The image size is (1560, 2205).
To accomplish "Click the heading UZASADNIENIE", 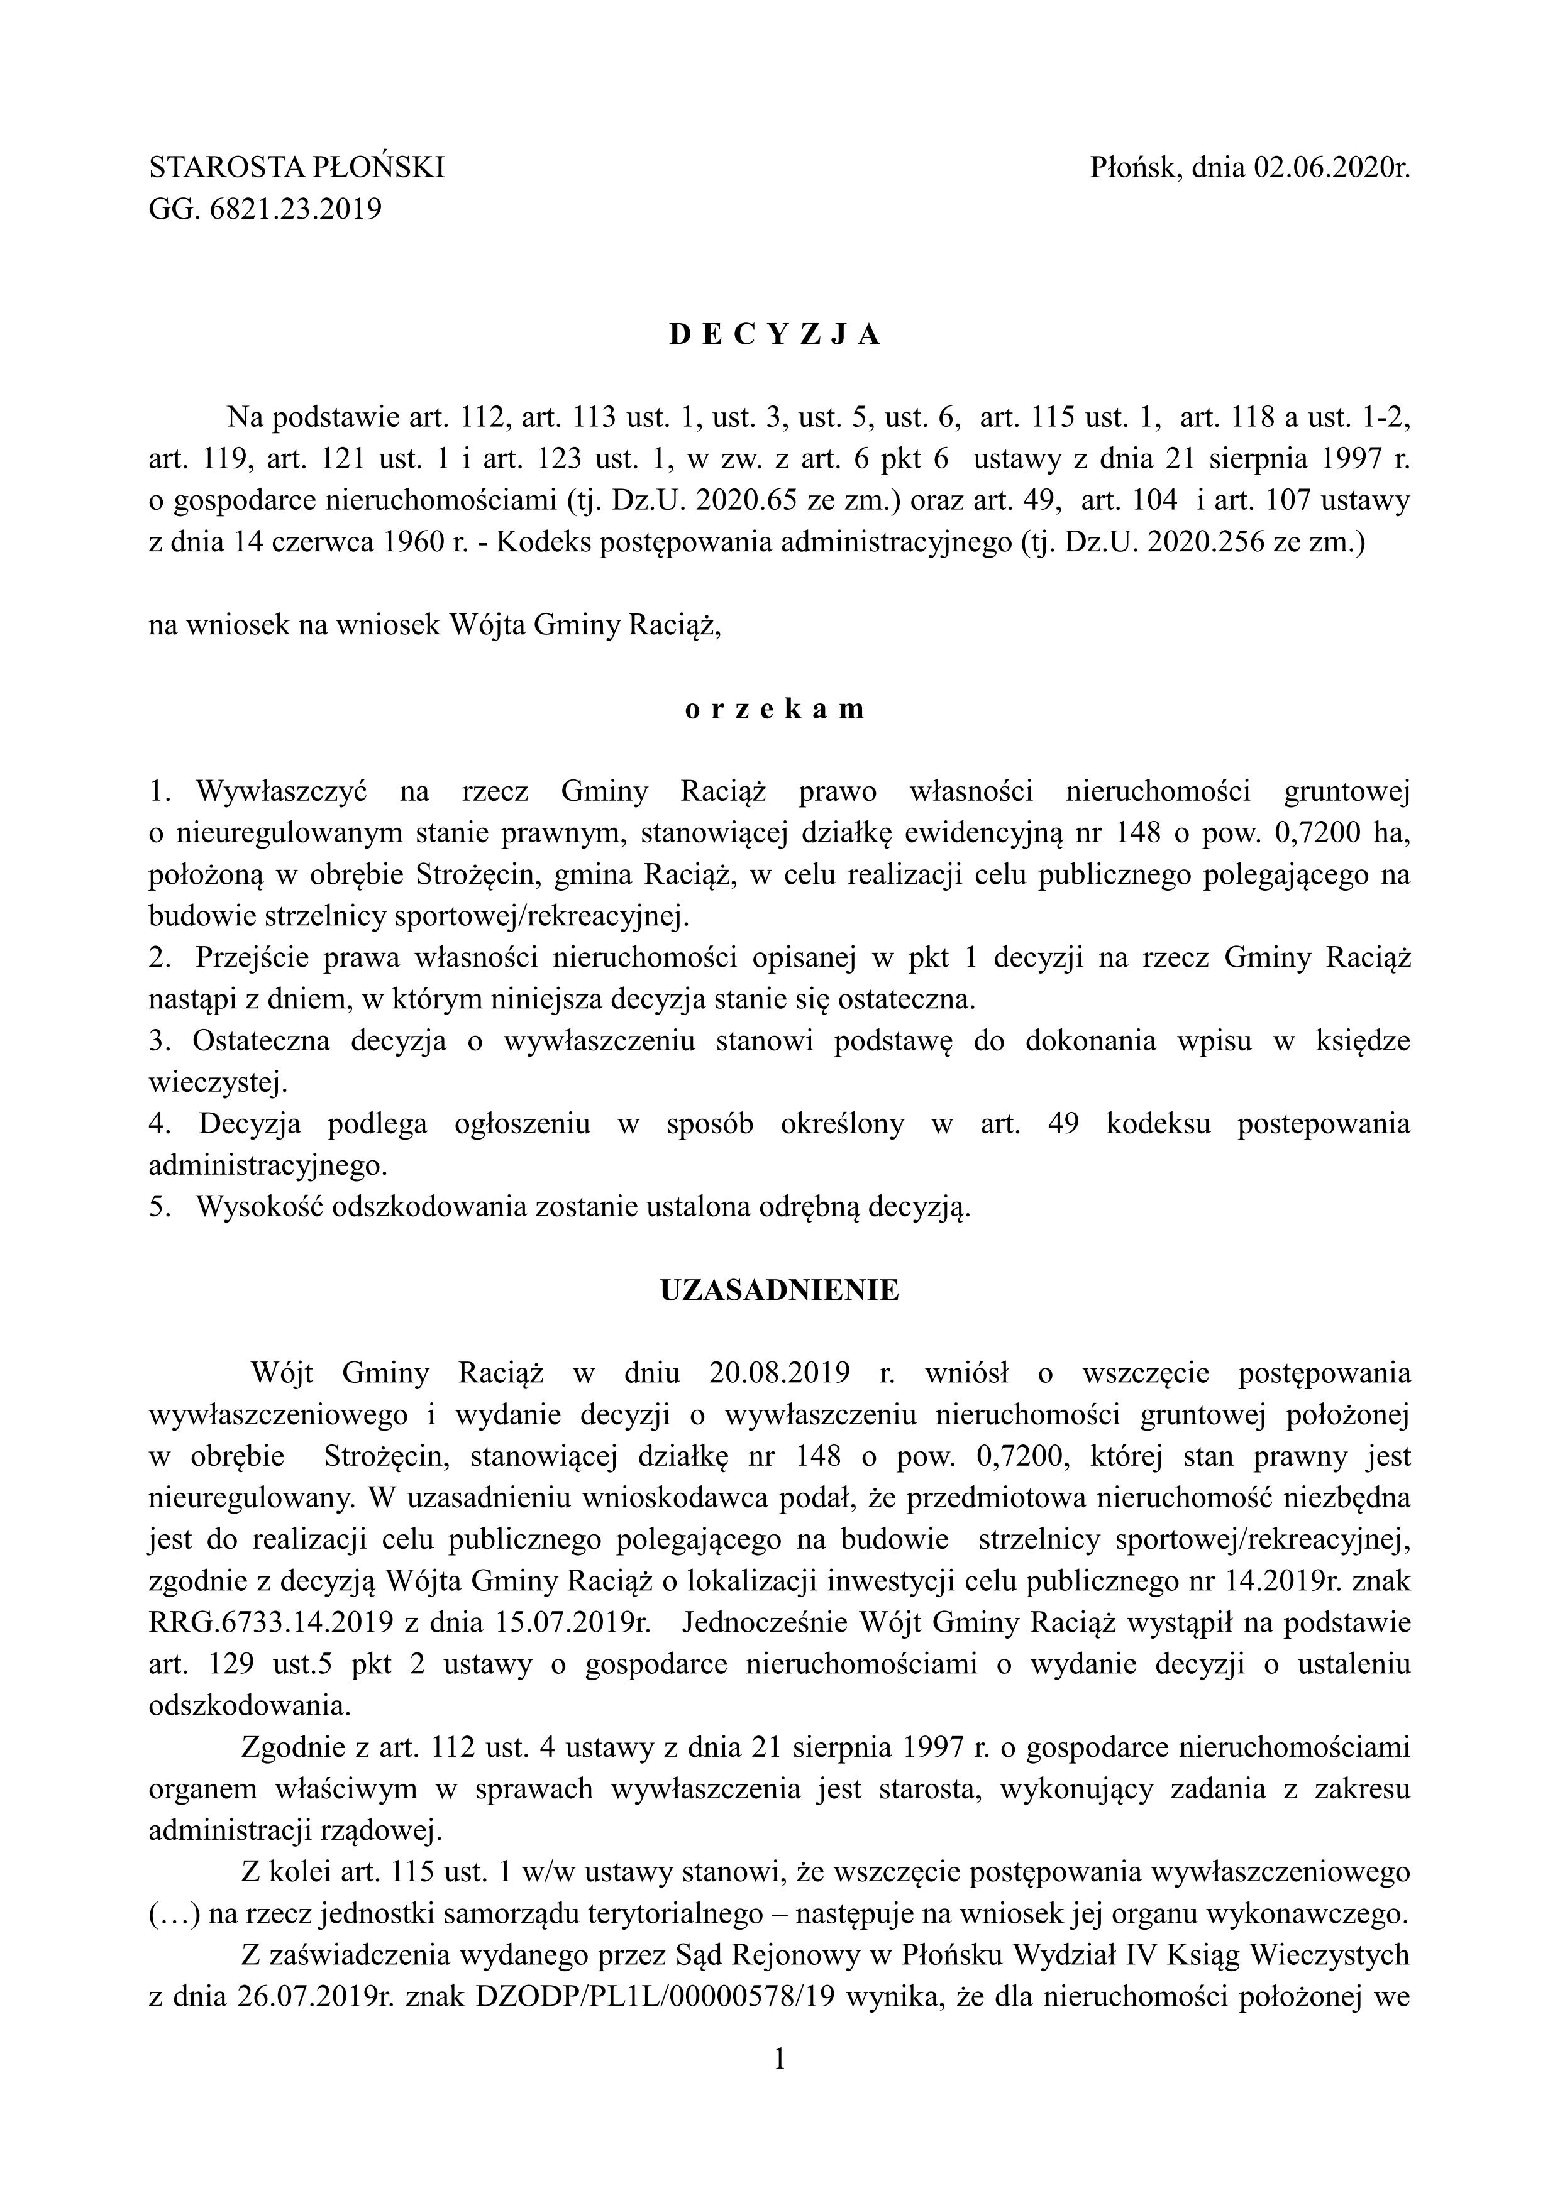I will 779,1290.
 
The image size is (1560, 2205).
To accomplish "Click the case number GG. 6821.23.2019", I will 265,209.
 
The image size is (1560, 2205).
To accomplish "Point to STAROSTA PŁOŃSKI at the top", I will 297,169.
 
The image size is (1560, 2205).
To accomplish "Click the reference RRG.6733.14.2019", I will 271,1623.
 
